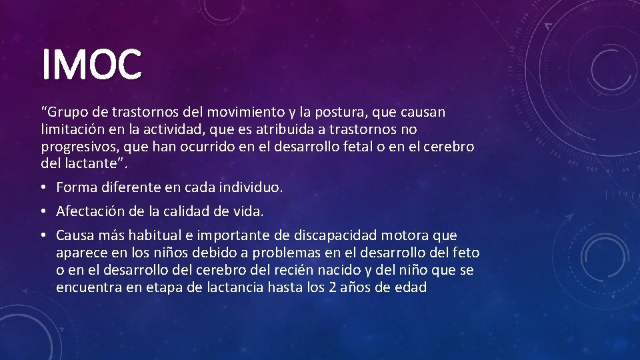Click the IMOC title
coord(91,64)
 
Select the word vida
coord(249,212)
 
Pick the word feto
coord(466,253)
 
